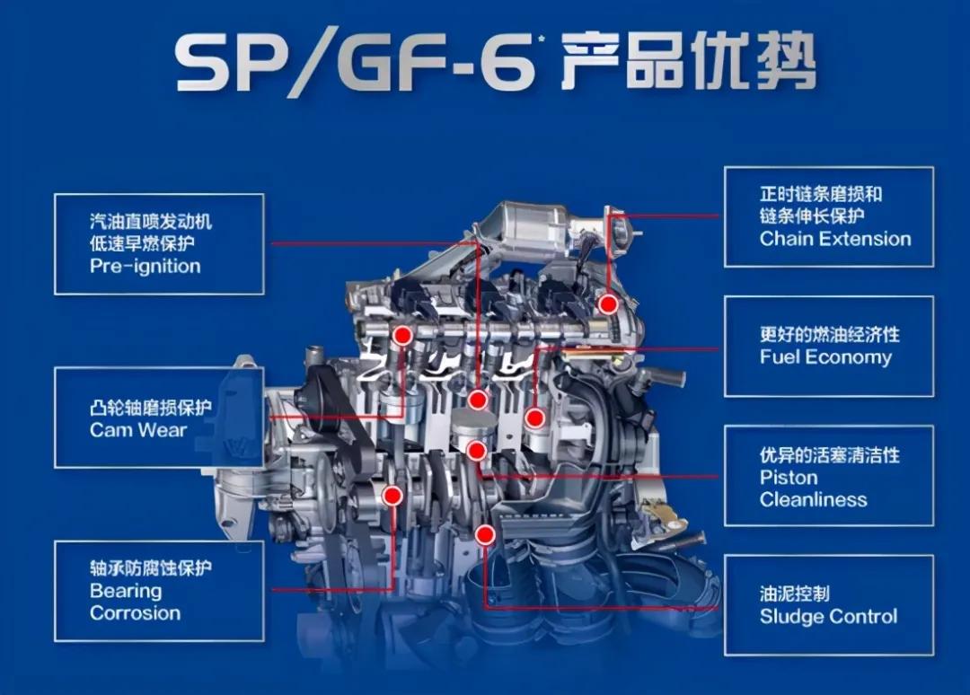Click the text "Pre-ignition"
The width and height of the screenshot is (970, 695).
pos(145,267)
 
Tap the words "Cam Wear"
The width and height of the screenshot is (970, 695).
pos(138,430)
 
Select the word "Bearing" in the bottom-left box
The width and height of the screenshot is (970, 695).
pos(126,591)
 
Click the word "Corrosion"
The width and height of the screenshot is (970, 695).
pos(136,613)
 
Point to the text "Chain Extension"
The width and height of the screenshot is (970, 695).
pos(835,239)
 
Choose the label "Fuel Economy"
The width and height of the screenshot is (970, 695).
pos(826,357)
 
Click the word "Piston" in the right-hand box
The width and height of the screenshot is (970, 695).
pos(789,478)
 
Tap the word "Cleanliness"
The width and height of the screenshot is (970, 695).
pos(814,499)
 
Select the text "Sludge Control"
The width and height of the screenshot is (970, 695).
pos(828,617)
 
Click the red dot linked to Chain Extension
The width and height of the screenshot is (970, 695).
pos(609,304)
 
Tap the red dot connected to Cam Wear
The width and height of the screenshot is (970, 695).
pos(402,336)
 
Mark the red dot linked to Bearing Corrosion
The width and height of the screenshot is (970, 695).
pos(392,496)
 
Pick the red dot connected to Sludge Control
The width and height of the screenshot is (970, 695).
pos(486,534)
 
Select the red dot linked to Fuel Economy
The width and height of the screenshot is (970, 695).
pos(535,418)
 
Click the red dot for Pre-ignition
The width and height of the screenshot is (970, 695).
pos(477,400)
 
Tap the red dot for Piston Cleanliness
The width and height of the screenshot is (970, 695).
pos(476,450)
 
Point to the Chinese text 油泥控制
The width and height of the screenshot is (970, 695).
pos(794,594)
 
